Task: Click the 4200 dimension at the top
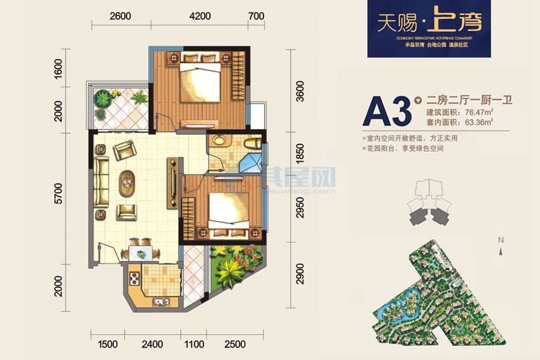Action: [200, 16]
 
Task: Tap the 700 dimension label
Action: [256, 16]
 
